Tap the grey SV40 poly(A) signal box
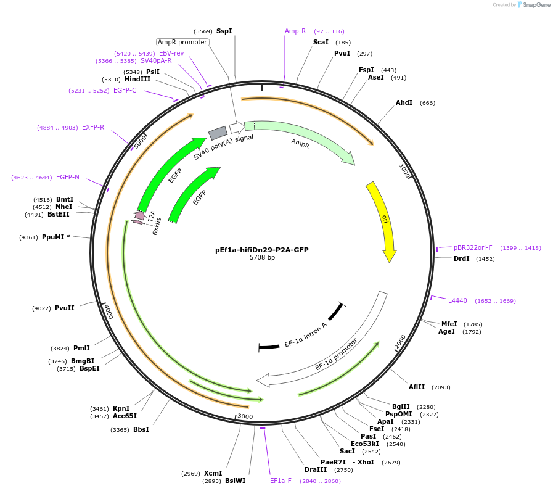tap(218, 133)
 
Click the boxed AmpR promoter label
tap(182, 42)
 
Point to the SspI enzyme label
tap(224, 31)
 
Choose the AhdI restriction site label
tap(404, 102)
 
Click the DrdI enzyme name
tap(461, 258)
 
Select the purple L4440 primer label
tap(457, 300)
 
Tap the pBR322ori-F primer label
tap(473, 247)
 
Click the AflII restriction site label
tap(417, 387)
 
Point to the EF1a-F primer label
tap(281, 481)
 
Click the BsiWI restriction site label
tap(235, 481)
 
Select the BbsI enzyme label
tap(141, 429)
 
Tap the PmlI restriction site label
tap(81, 348)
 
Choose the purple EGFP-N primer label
tap(68, 177)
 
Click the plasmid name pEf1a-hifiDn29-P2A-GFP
tap(262, 250)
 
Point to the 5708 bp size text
tap(262, 257)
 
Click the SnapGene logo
tap(534, 5)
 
